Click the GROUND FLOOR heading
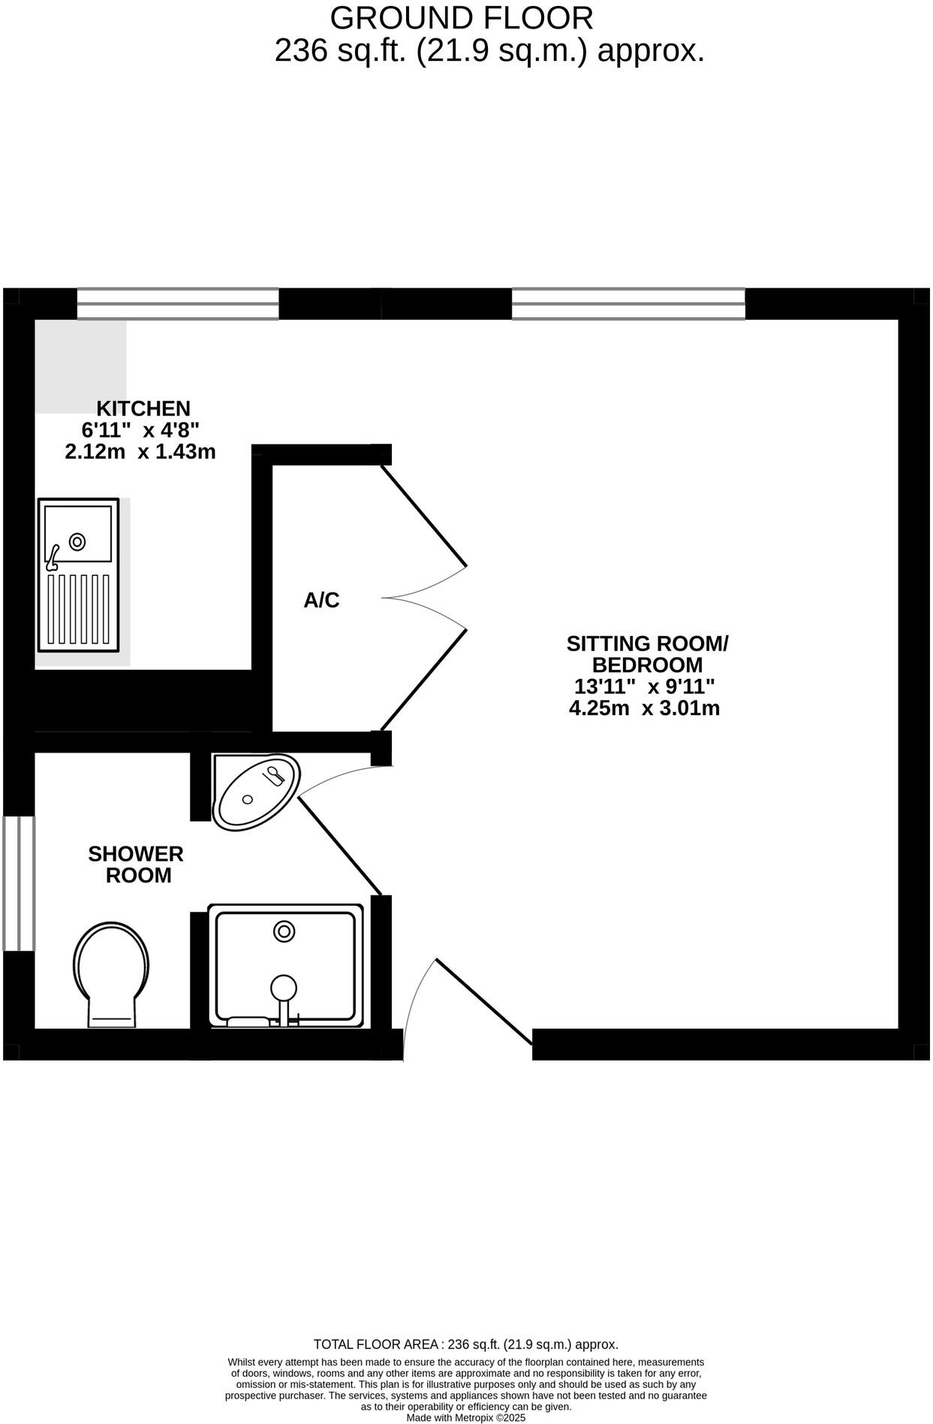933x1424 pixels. tap(461, 17)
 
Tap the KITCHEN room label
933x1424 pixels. tap(143, 409)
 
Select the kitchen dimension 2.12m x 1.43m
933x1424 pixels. tap(140, 452)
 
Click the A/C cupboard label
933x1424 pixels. tap(321, 600)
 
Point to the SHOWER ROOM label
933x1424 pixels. tap(136, 864)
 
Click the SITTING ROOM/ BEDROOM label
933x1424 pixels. tap(647, 654)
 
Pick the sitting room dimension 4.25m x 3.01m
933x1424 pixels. tap(644, 708)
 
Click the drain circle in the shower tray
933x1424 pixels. tap(284, 931)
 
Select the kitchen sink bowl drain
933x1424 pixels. tap(77, 541)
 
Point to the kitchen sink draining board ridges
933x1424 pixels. tap(79, 609)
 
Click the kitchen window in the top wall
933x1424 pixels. tap(178, 304)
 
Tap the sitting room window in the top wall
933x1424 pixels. tap(628, 304)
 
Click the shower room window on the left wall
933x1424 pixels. tap(19, 883)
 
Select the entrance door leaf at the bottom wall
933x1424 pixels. tap(483, 1001)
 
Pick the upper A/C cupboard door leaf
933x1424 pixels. tap(424, 515)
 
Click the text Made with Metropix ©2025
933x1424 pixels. tap(465, 1418)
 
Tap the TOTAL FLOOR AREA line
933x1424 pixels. tap(465, 1344)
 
